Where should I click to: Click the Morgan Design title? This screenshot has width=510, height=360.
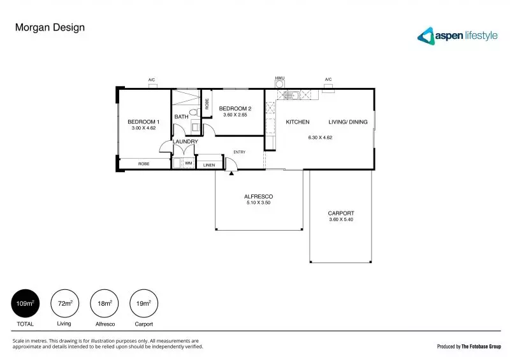pos(49,27)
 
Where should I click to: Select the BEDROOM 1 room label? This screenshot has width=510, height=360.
pos(143,122)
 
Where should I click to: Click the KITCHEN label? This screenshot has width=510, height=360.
pos(297,122)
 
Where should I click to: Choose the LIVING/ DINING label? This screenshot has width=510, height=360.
pos(347,122)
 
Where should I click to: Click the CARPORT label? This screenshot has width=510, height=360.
pos(340,213)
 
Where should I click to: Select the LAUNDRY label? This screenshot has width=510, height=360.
pos(185,141)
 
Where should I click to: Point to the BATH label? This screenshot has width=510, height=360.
pos(181,117)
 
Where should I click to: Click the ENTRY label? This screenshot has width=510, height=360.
pos(240,152)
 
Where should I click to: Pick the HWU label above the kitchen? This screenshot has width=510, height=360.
pos(279,78)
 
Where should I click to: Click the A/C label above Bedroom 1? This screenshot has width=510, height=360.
pos(152,80)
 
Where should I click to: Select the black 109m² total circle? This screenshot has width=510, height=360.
pos(25,304)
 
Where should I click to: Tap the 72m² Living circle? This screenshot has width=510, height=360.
pos(64,304)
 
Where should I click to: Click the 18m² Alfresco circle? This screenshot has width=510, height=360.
pos(103,304)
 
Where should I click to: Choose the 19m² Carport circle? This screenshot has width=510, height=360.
pos(142,304)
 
